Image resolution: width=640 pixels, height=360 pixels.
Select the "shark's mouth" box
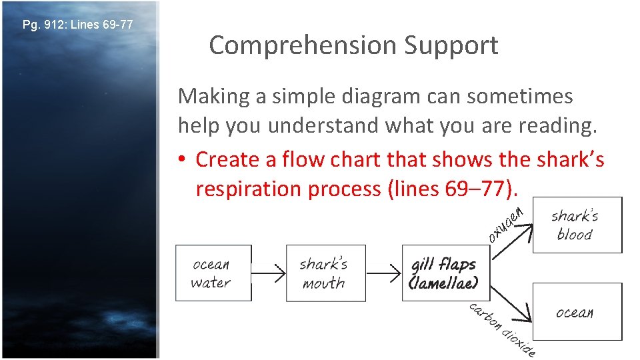[x=325, y=273]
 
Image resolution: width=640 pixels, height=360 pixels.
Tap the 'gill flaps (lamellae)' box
[x=444, y=273]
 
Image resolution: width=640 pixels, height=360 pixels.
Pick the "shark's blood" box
[x=576, y=225]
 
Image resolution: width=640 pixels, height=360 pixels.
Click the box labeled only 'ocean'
[x=576, y=312]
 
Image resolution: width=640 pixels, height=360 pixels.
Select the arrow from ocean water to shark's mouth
[x=269, y=273]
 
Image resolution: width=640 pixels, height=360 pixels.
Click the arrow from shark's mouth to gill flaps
[x=383, y=273]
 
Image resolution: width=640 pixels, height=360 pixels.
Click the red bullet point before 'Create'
[x=183, y=160]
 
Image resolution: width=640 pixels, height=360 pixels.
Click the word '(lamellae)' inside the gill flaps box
[x=443, y=283]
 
